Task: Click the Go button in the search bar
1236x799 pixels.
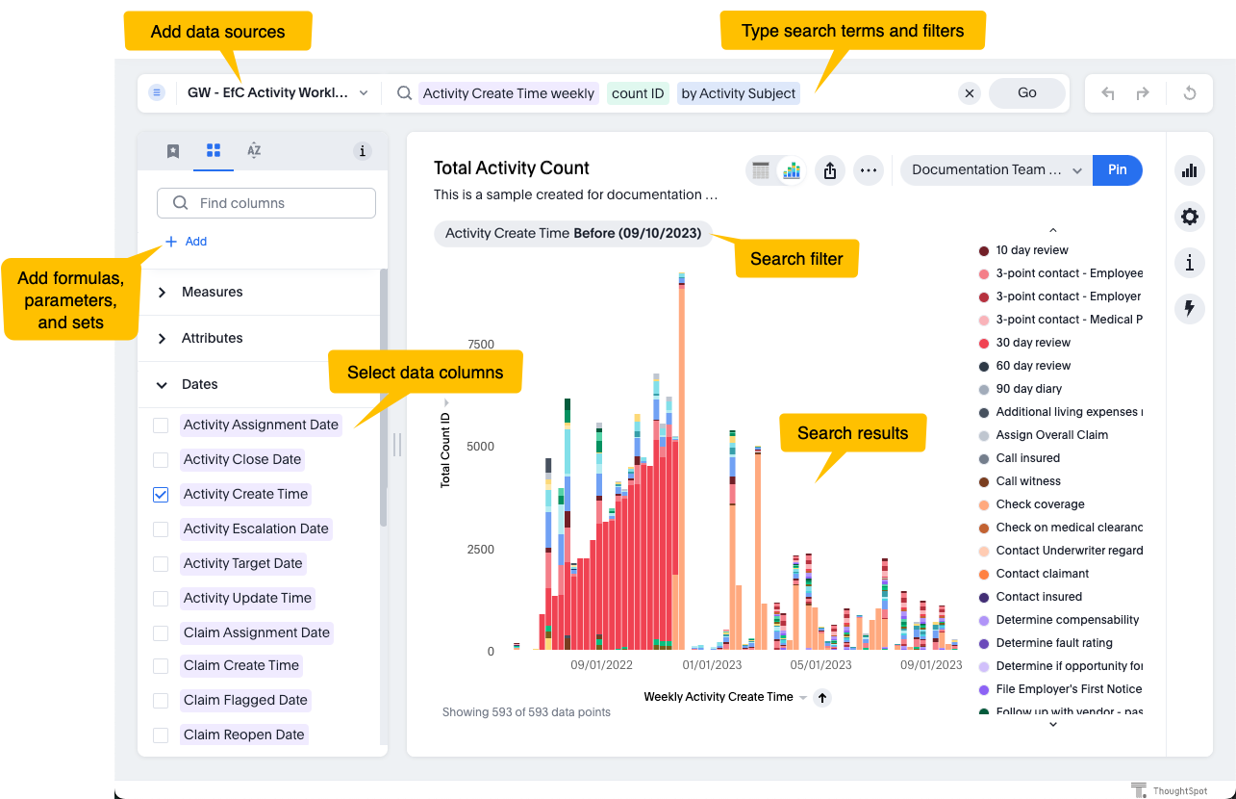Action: [x=1026, y=93]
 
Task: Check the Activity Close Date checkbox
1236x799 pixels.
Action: [x=161, y=460]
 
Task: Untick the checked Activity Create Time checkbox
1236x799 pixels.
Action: [x=161, y=495]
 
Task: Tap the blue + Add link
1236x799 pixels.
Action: [x=187, y=242]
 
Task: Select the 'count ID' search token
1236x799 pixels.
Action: [x=638, y=93]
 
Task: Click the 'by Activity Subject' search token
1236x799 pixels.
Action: [x=738, y=93]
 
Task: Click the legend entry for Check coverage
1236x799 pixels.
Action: [x=1040, y=504]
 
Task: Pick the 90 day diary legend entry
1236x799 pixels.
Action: [x=1028, y=389]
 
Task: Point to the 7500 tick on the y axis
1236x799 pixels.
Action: [x=480, y=345]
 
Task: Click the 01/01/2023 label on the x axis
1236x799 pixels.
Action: [x=713, y=664]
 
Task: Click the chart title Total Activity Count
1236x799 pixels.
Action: [x=511, y=168]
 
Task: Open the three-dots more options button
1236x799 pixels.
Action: [x=869, y=170]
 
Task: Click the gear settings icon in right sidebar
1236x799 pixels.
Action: [x=1190, y=217]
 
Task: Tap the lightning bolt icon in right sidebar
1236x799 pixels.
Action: [x=1190, y=308]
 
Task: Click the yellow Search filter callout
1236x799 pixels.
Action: [x=796, y=259]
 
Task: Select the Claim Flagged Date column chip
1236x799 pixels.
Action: [x=245, y=700]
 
